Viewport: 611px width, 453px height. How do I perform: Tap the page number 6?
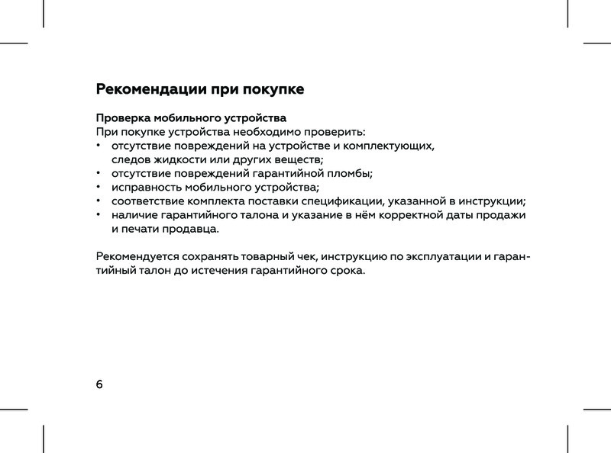click(99, 383)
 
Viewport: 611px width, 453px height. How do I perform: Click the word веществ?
click(298, 159)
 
